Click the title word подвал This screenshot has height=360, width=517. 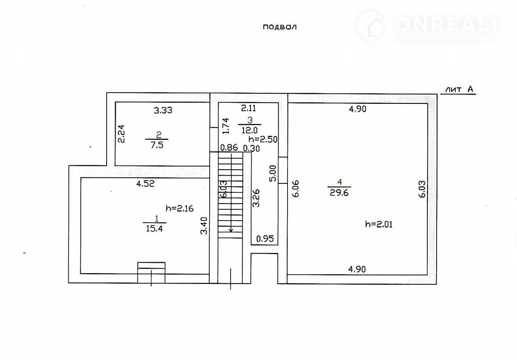click(x=280, y=27)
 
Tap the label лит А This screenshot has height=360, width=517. click(x=459, y=89)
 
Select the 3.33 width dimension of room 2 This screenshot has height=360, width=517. click(x=163, y=110)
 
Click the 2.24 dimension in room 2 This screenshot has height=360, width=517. click(x=121, y=134)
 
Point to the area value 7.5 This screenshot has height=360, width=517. click(x=157, y=145)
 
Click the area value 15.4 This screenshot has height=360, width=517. click(x=154, y=229)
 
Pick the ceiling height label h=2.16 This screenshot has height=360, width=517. click(x=180, y=208)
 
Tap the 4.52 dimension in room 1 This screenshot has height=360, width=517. click(x=145, y=184)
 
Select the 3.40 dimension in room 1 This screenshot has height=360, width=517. click(x=204, y=225)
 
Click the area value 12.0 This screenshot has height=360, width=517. click(x=250, y=131)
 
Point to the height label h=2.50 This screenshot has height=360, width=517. click(x=263, y=139)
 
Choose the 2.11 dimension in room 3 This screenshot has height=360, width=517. click(x=248, y=108)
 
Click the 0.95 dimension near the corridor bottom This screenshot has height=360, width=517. click(x=265, y=238)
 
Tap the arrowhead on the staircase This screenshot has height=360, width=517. click(x=231, y=230)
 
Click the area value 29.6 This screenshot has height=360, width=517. click(x=339, y=192)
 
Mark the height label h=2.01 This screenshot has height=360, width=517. click(x=379, y=224)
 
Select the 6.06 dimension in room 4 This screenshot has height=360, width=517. click(x=296, y=189)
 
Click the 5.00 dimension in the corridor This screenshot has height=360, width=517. click(x=273, y=173)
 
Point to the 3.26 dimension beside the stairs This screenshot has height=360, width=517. click(x=256, y=198)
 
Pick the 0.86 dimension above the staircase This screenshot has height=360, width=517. click(x=229, y=147)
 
